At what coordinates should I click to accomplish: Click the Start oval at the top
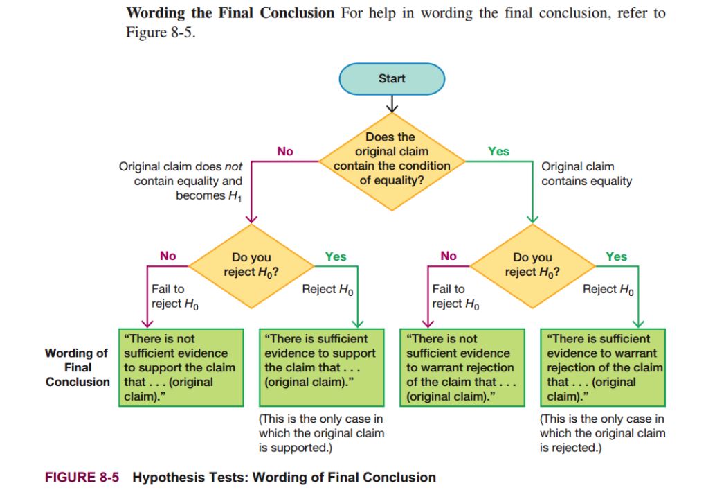[392, 79]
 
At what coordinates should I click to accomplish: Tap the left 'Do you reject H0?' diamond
[251, 265]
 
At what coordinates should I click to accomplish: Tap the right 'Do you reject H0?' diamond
[532, 265]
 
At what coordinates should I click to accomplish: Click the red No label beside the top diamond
[285, 151]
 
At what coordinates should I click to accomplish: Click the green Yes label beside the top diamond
[498, 151]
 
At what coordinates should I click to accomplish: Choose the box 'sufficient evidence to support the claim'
[320, 367]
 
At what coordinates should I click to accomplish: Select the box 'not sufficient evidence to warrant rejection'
[462, 367]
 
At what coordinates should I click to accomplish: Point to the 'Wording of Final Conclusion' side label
[78, 367]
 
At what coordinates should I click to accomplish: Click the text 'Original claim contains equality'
[586, 174]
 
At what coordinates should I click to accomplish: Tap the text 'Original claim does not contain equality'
[181, 181]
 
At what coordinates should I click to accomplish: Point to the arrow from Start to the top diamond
[392, 103]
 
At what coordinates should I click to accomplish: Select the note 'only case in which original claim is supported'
[320, 433]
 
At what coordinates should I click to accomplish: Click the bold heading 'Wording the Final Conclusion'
[230, 13]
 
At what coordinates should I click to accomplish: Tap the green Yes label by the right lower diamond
[616, 256]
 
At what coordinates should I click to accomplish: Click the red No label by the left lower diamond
[168, 256]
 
